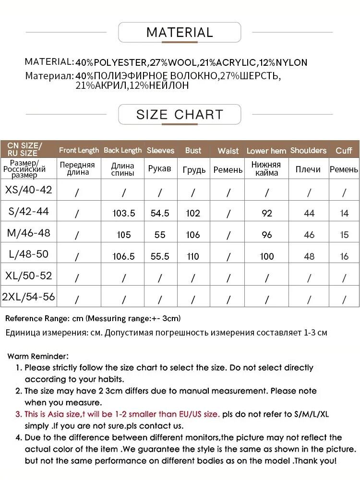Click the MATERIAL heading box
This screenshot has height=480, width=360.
tap(180, 33)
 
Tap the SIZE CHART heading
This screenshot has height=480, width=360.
tap(180, 115)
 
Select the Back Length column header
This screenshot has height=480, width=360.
tap(123, 151)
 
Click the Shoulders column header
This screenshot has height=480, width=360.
tap(308, 151)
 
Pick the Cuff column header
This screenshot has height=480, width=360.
tap(344, 151)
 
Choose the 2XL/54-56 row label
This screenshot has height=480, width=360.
tap(29, 297)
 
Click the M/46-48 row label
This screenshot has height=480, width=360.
tap(29, 233)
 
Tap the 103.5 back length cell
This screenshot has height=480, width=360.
tap(123, 213)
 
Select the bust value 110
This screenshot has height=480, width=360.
tap(193, 256)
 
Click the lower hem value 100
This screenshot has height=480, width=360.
tap(267, 256)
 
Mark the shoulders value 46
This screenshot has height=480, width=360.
tap(309, 235)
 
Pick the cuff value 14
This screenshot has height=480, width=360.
tap(344, 213)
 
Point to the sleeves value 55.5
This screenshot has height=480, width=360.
tap(160, 256)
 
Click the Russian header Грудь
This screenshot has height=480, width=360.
tap(194, 170)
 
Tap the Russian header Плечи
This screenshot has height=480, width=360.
tap(308, 170)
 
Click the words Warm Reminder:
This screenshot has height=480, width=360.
tap(38, 356)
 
